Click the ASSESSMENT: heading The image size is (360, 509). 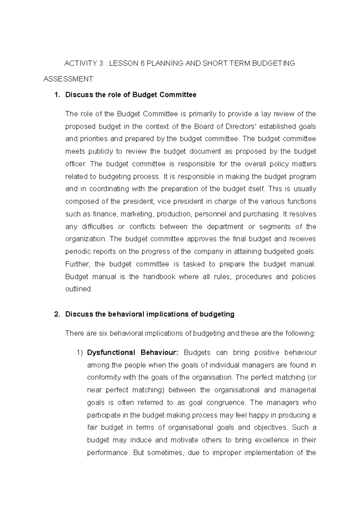pyautogui.click(x=69, y=79)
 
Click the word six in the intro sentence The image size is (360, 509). pyautogui.click(x=104, y=333)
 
